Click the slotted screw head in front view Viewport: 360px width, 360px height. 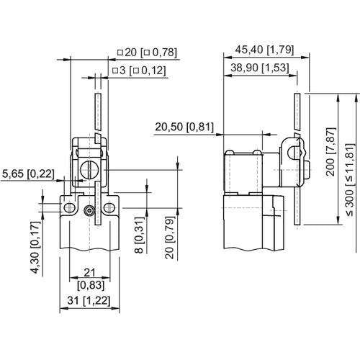tap(89, 170)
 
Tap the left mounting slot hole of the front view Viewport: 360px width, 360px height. tap(68, 207)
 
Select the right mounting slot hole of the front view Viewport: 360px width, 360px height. tap(109, 207)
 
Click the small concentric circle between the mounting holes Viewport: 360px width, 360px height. tap(89, 211)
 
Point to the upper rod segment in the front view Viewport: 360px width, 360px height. tap(98, 111)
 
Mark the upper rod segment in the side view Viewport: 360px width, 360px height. tap(297, 111)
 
